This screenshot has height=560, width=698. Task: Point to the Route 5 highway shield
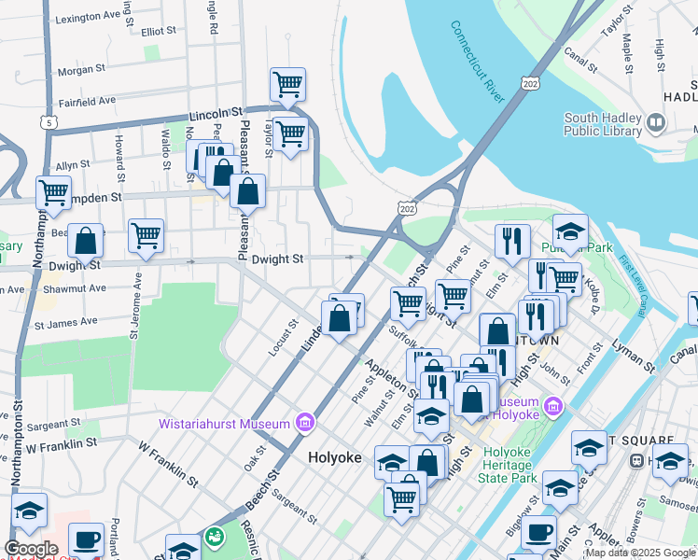tap(48, 121)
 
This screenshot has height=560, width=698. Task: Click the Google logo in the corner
tap(31, 549)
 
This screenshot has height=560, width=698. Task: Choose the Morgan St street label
tap(82, 70)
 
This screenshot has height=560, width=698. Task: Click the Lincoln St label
tap(216, 114)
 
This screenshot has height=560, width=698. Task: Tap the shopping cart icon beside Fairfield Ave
tap(288, 85)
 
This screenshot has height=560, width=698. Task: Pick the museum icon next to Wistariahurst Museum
tap(304, 424)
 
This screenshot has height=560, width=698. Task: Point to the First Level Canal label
tap(638, 295)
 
